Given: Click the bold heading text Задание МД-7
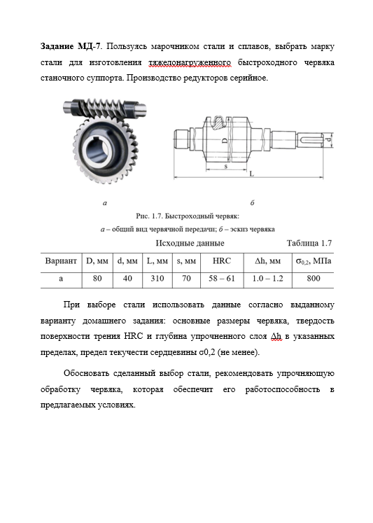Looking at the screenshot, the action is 70,46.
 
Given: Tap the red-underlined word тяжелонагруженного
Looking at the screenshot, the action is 190,62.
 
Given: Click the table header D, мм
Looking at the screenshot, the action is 97,261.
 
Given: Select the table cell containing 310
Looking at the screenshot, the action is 157,278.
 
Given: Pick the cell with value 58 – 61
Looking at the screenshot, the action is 222,278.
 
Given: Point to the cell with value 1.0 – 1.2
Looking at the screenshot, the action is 267,278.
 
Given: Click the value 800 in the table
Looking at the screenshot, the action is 314,278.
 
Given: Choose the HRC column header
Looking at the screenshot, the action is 222,261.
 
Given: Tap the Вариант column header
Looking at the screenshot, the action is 61,261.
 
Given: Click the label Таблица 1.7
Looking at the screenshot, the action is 309,243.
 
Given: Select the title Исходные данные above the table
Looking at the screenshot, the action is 190,243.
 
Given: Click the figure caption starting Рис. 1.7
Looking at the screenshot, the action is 188,216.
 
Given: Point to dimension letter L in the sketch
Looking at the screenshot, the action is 252,174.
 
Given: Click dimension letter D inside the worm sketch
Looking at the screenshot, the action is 225,141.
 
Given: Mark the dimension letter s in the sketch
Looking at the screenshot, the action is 225,166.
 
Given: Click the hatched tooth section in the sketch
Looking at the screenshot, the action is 220,123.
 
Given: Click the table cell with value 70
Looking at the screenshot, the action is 186,278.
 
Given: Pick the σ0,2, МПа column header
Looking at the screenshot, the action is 314,261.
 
